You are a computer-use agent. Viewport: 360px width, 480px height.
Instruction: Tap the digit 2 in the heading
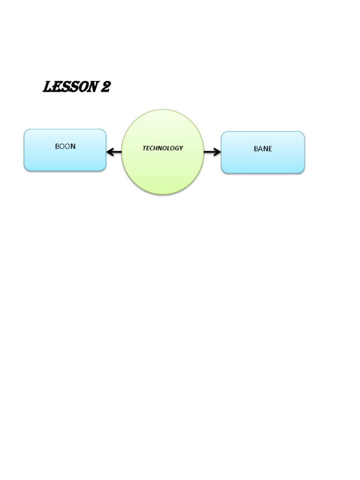click(x=105, y=87)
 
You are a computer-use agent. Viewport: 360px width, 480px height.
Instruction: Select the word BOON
click(x=65, y=146)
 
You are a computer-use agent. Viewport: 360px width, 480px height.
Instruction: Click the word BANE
click(x=262, y=149)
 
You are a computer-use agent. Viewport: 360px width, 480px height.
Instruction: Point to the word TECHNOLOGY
click(x=163, y=148)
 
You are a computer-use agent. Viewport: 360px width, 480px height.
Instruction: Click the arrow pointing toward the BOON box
click(x=114, y=152)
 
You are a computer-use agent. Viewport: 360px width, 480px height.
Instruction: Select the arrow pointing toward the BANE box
click(x=212, y=152)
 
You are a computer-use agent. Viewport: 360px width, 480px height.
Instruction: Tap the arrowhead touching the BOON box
click(x=110, y=152)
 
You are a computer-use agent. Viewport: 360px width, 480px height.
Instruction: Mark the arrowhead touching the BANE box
click(x=217, y=152)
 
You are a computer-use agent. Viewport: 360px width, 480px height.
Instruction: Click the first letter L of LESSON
click(x=47, y=87)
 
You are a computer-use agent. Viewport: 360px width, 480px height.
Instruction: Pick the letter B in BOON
click(x=57, y=146)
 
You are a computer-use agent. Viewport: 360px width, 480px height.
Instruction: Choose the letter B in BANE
click(x=256, y=149)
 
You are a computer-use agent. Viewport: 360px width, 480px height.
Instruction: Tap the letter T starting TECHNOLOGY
click(x=144, y=148)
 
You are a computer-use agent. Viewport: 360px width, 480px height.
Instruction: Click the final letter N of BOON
click(x=73, y=146)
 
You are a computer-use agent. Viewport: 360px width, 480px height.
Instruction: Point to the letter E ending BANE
click(x=270, y=149)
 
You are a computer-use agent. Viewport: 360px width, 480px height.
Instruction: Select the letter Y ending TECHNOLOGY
click(x=181, y=148)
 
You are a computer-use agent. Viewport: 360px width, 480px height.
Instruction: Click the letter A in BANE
click(x=260, y=149)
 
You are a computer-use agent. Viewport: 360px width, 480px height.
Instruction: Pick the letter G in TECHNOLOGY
click(x=176, y=148)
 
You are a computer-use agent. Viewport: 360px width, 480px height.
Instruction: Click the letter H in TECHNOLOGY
click(x=155, y=148)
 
